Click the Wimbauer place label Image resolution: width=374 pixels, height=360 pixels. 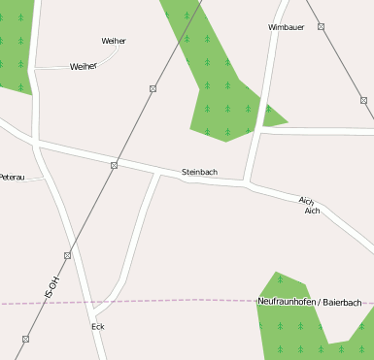point(286,27)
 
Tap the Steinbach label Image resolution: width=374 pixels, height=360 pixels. point(199,173)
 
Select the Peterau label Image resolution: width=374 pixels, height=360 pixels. point(12,178)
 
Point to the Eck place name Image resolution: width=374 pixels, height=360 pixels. point(97,327)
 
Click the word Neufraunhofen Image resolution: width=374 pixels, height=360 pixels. point(288,303)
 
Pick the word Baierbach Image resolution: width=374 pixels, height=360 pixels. point(342,303)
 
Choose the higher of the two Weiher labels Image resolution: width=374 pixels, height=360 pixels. point(114,41)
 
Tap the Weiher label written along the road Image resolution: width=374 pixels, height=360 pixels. point(84,66)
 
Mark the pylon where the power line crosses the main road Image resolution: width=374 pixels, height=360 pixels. point(114,165)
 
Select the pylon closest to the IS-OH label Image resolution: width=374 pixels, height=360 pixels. point(67,255)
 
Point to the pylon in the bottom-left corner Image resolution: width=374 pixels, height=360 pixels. point(25,339)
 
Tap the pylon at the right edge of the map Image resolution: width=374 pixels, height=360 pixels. point(363,100)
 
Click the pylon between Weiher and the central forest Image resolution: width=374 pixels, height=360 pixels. point(153,88)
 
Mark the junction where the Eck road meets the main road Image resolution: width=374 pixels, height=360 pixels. point(158,175)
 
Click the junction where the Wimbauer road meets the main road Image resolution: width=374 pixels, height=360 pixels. point(251,182)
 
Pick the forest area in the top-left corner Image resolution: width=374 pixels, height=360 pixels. point(14,44)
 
